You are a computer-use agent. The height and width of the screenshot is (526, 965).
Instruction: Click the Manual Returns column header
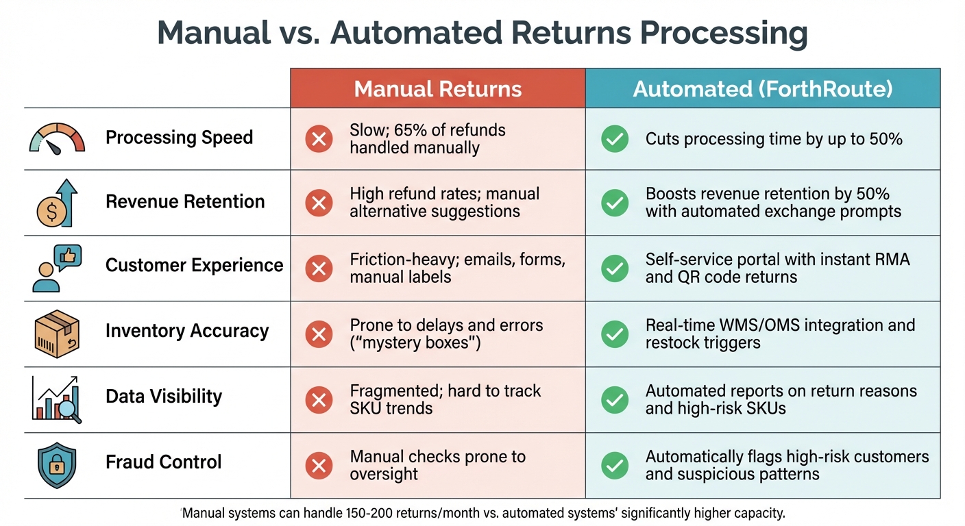(438, 89)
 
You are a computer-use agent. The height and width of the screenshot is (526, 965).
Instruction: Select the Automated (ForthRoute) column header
(762, 89)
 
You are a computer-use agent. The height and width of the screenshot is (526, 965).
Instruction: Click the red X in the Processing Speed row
(318, 139)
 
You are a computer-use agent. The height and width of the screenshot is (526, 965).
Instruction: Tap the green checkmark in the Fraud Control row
(615, 466)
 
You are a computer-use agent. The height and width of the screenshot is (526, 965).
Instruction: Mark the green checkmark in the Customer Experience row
(615, 268)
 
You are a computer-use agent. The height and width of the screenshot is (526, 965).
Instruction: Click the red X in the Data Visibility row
(318, 400)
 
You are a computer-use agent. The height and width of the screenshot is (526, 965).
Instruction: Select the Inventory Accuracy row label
(186, 331)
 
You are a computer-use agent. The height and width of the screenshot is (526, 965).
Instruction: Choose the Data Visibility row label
(163, 397)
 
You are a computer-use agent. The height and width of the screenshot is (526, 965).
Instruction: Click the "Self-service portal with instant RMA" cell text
(777, 260)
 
